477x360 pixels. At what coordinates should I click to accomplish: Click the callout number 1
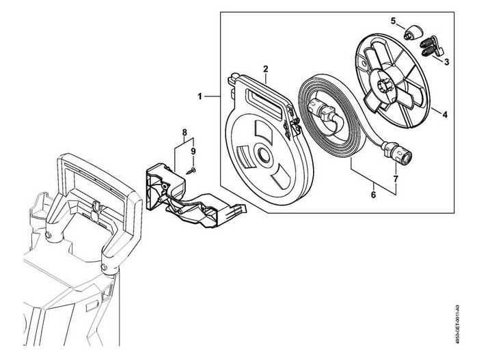[x=200, y=97]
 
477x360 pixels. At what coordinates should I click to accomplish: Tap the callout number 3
[x=446, y=62]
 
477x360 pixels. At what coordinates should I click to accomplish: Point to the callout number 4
[x=445, y=115]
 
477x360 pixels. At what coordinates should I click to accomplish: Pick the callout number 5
[x=394, y=20]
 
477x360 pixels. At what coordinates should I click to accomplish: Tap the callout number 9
[x=193, y=151]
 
